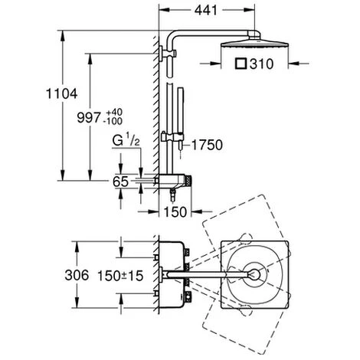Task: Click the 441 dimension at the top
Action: pos(206,10)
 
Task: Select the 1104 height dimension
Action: pos(61,93)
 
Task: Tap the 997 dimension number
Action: pos(89,118)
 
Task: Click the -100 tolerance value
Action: pos(113,121)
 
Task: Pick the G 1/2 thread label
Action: pos(126,141)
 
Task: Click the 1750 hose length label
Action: pos(207,145)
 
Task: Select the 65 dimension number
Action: pos(120,182)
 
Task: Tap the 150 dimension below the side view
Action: pos(175,211)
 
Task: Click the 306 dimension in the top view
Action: pos(77,275)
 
